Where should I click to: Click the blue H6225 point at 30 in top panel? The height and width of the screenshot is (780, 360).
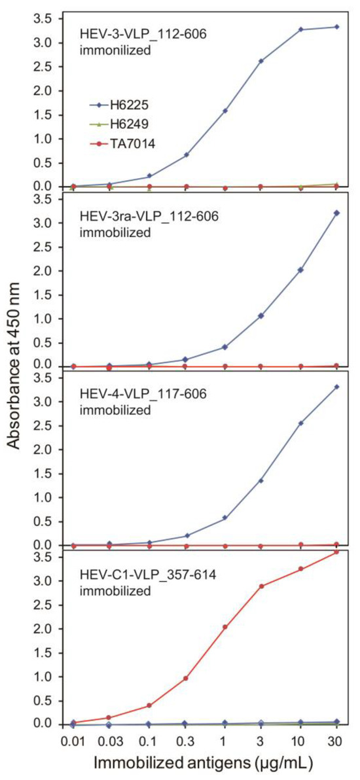click(x=337, y=27)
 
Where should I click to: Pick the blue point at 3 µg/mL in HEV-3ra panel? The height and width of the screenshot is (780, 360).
click(x=261, y=315)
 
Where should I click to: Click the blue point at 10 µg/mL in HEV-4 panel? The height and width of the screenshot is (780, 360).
click(x=299, y=423)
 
